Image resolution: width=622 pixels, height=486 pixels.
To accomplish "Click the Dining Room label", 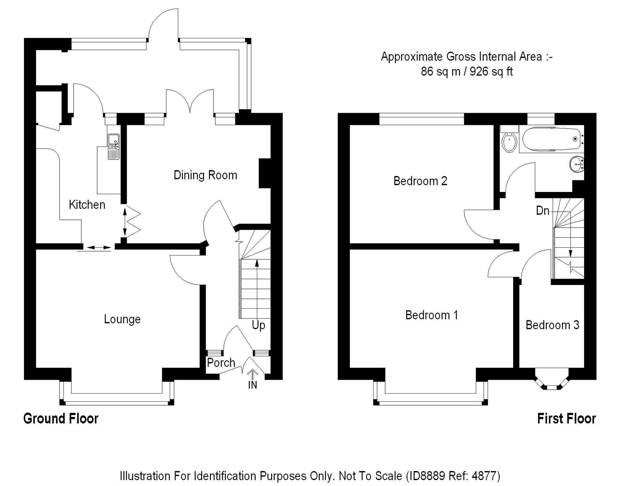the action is coord(205,175).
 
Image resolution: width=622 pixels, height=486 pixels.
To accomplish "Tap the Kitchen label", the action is coord(87,205).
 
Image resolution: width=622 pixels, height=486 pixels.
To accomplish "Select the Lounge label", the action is coord(122,319).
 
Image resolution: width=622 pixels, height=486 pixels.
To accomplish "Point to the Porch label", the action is coord(221,362).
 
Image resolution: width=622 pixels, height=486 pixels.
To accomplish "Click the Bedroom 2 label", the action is coord(420,181).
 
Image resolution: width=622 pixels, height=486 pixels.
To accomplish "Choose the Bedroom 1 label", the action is coord(432,315).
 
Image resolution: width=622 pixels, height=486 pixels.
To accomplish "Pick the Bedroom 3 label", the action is coord(552,325).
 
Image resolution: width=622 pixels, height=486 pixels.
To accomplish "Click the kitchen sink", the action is coord(114,147).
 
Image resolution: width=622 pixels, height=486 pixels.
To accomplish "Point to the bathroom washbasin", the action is coord(577,164).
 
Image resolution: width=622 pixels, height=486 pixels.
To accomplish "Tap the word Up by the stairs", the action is coord(259,325).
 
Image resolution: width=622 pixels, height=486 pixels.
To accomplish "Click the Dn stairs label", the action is coord(543,211).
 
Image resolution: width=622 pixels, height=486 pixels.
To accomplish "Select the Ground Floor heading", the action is coord(61,419).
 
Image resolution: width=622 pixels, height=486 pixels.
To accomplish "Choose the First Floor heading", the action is coord(567,419).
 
